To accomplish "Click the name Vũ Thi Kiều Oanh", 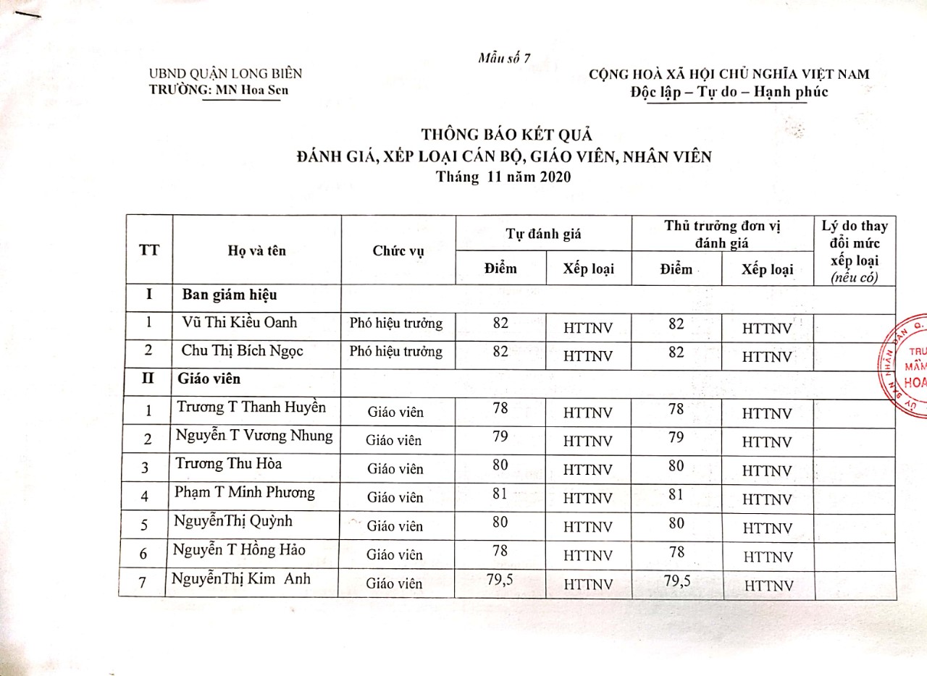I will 239,323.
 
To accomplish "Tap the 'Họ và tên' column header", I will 256,250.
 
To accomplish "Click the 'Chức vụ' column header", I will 398,250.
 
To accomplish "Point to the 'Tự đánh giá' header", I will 543,234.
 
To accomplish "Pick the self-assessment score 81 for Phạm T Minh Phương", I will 500,494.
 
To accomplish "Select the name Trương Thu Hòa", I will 229,463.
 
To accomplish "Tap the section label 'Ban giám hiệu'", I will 229,295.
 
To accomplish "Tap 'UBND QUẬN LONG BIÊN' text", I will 225,73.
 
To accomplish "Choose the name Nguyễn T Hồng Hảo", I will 239,550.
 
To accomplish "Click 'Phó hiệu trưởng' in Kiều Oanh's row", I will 395,324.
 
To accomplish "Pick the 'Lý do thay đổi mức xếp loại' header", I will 855,250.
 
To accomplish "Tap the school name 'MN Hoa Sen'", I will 251,90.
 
